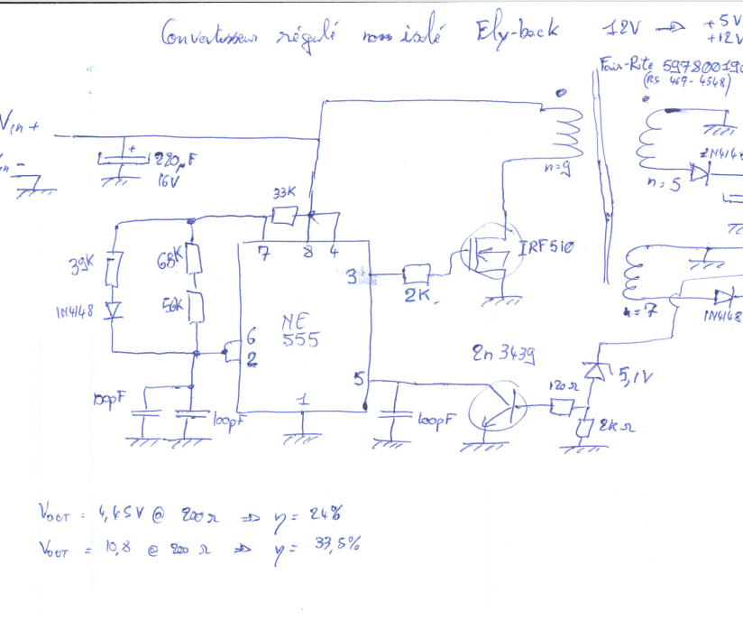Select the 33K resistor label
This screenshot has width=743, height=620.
(285, 194)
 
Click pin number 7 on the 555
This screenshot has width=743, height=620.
(261, 253)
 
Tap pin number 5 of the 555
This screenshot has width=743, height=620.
(359, 380)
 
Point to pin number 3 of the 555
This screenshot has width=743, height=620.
(352, 278)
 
